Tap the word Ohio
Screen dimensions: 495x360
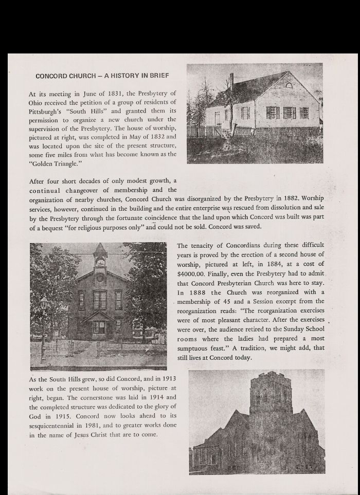(38, 102)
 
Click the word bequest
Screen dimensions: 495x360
(63, 227)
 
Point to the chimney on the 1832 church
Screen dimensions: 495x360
(232, 81)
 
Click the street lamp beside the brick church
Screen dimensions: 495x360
(44, 308)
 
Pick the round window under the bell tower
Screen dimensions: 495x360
(100, 278)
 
